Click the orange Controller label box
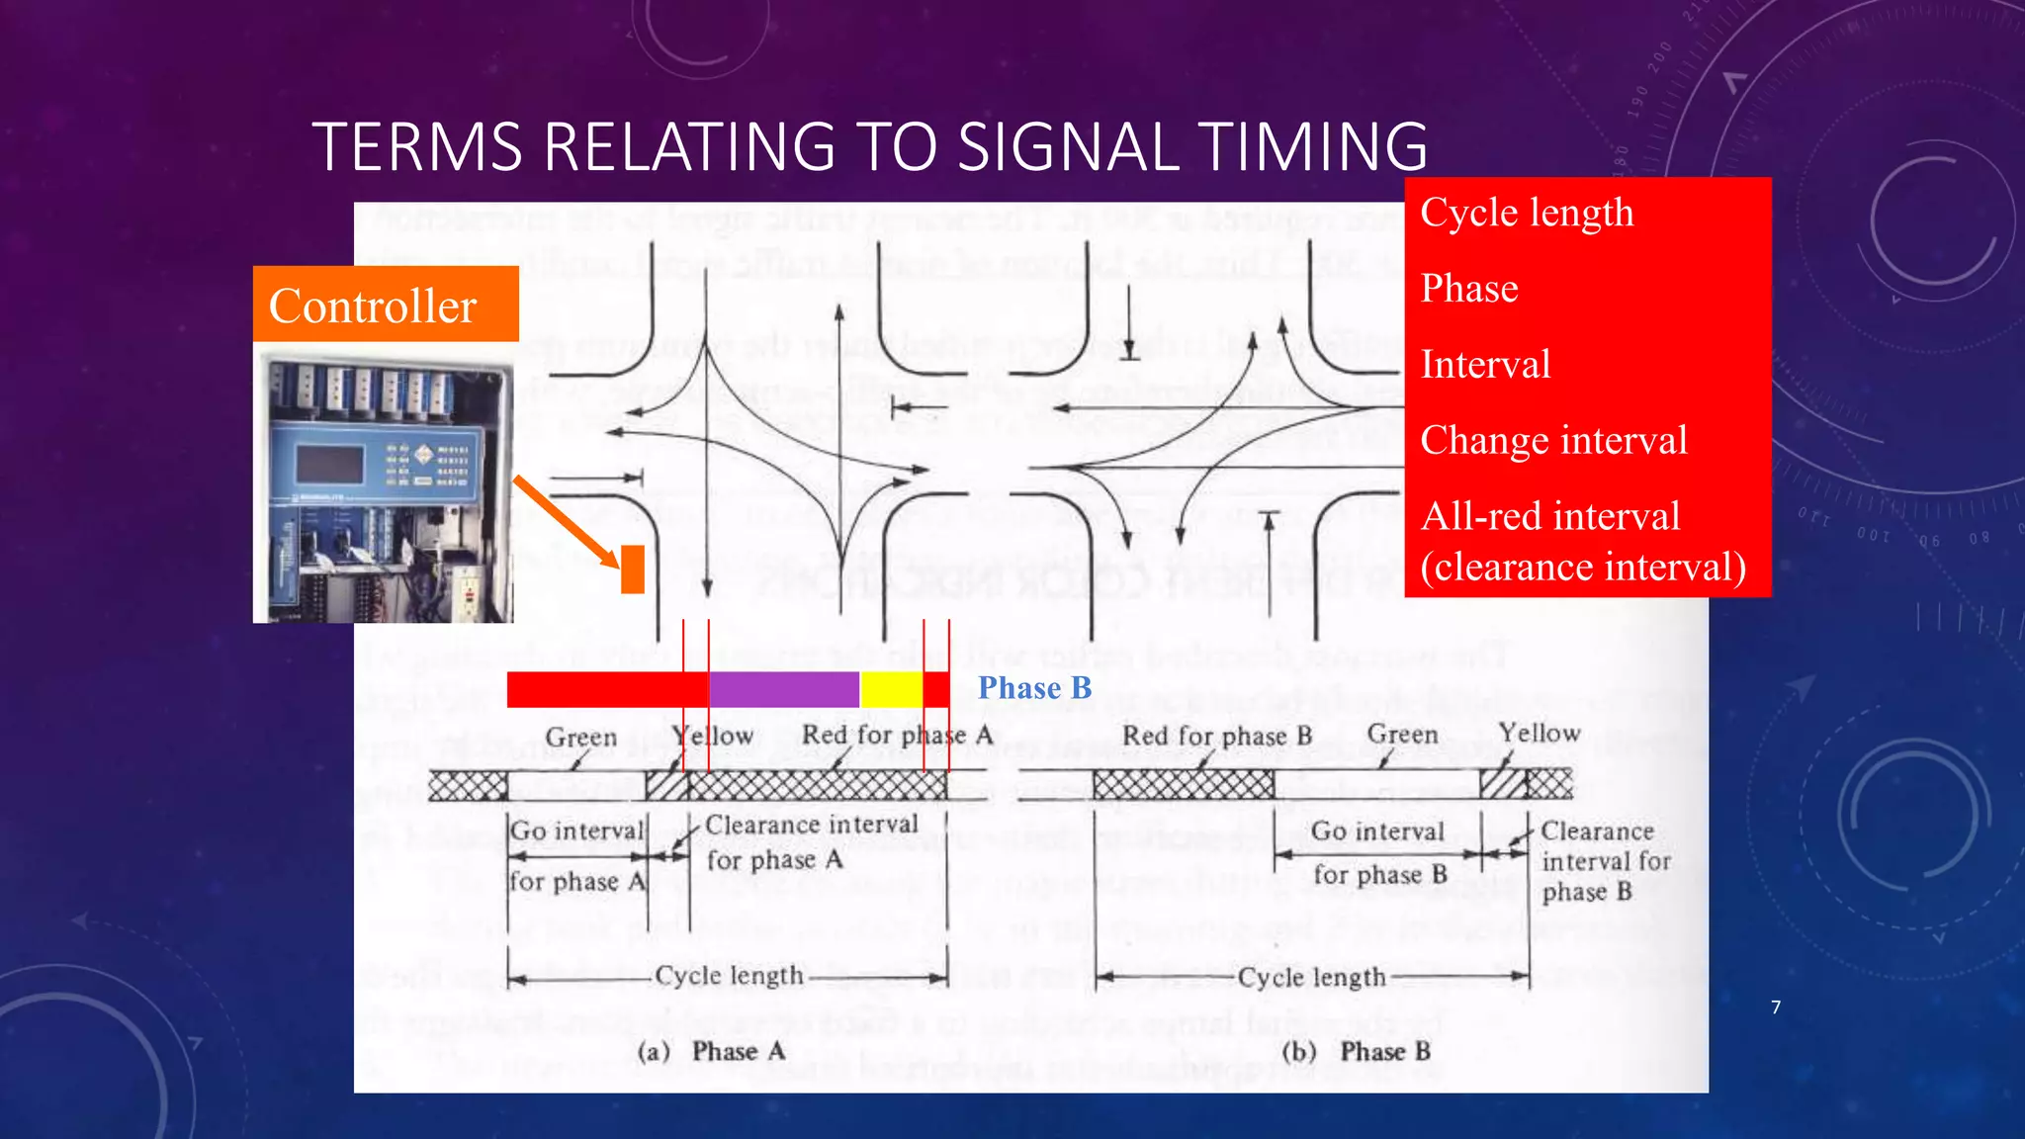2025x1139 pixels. [386, 305]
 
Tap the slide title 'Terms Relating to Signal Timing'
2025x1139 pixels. [870, 146]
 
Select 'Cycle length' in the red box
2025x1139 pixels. [1527, 214]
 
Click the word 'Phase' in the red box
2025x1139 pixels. [1469, 289]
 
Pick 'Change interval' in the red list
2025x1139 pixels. [1553, 441]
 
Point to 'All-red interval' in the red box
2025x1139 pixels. [1550, 516]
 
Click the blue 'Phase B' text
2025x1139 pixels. [1034, 688]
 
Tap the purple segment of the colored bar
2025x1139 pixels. [784, 689]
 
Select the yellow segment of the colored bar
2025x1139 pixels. [891, 689]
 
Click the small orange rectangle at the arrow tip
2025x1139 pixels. [633, 569]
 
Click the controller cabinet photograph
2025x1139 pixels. [384, 488]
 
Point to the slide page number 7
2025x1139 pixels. [1776, 1008]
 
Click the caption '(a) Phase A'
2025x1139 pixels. [712, 1051]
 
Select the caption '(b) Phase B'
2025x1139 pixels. [1357, 1051]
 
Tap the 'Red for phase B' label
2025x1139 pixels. [1216, 736]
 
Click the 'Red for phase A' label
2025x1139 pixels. [897, 736]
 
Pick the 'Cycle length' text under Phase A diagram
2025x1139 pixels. [729, 976]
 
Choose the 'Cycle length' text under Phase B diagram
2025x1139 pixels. [1311, 978]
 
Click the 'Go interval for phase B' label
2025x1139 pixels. [1378, 852]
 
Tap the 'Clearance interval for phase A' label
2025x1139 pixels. [811, 841]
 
